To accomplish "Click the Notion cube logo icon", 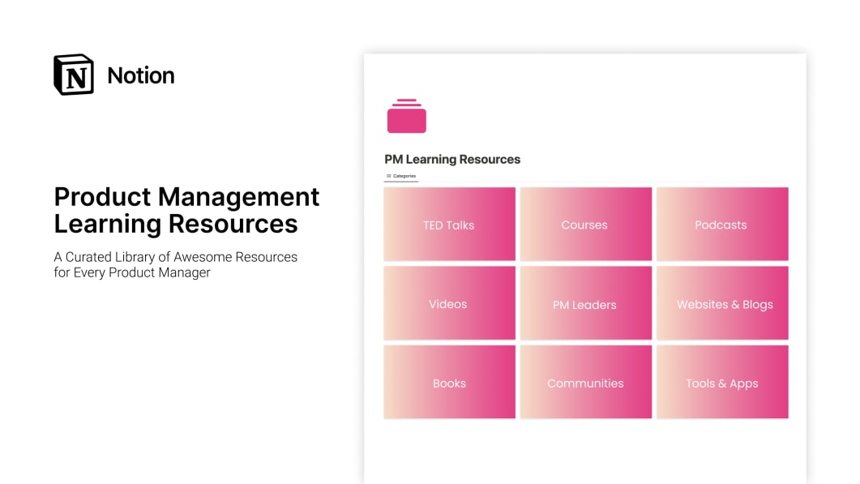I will click(74, 75).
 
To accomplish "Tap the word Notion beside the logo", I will click(141, 75).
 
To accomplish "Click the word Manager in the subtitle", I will click(184, 272).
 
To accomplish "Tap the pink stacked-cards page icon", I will click(406, 117).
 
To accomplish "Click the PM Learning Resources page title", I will click(452, 160).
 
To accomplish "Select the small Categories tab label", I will click(404, 176).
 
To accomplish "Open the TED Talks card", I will click(449, 225).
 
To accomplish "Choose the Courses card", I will click(585, 225).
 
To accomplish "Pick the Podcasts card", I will click(721, 225).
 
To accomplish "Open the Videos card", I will click(449, 304).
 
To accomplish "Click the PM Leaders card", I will click(585, 304).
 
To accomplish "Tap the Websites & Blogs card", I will click(722, 304).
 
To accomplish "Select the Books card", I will click(449, 383).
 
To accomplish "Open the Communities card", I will click(585, 383).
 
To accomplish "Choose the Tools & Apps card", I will click(722, 383).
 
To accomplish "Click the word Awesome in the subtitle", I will click(204, 257).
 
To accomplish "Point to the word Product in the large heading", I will click(103, 197).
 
